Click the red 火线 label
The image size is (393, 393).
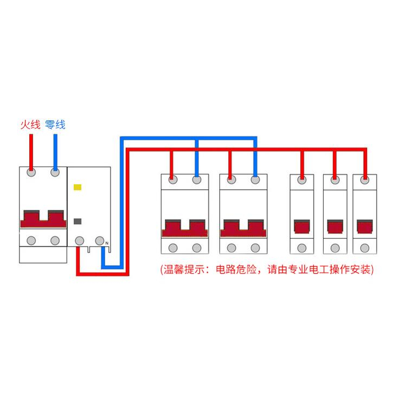click(x=30, y=125)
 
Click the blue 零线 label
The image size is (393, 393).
click(x=55, y=125)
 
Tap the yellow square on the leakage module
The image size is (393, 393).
click(x=78, y=187)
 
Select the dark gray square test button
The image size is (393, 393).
click(x=78, y=221)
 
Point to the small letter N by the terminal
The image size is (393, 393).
click(x=107, y=243)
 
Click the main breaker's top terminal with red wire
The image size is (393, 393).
click(x=31, y=172)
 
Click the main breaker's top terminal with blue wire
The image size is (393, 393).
click(x=55, y=172)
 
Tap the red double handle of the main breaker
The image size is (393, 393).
click(x=43, y=219)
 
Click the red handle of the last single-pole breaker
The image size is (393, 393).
click(x=365, y=227)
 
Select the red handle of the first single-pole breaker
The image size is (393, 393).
click(x=302, y=227)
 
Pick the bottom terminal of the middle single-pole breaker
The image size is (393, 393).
click(x=335, y=248)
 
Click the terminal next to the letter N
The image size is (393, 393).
click(x=100, y=241)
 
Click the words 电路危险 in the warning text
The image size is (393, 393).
click(x=236, y=270)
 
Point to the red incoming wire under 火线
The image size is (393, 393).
click(x=31, y=152)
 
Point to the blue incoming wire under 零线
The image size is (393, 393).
click(x=55, y=152)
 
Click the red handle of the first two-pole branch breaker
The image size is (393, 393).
click(x=185, y=228)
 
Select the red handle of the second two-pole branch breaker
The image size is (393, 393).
click(x=243, y=228)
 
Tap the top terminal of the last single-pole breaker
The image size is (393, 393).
click(x=365, y=180)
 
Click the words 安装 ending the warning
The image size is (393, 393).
click(x=360, y=270)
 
